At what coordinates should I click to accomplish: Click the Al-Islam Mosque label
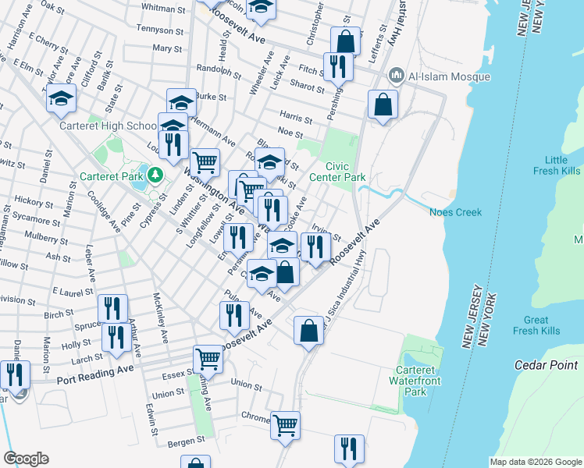click(448, 76)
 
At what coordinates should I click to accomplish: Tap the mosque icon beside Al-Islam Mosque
click(396, 76)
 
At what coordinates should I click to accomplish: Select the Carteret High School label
click(109, 126)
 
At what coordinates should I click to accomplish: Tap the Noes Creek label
click(456, 212)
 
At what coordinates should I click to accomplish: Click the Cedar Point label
click(545, 364)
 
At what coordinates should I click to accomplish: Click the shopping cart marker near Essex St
click(208, 360)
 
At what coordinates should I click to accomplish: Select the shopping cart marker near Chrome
click(285, 425)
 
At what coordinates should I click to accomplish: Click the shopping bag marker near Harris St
click(383, 105)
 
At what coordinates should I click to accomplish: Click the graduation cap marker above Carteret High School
click(61, 99)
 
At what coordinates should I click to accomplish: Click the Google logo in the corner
click(26, 459)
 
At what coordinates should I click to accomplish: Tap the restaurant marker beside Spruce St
click(112, 308)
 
